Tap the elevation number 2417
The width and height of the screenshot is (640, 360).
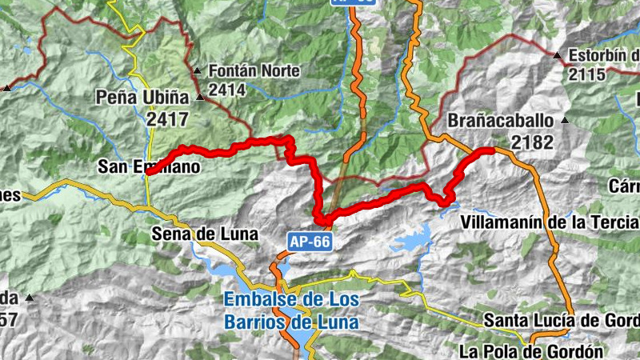point(166,120)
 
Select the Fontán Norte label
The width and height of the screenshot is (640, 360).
point(254,71)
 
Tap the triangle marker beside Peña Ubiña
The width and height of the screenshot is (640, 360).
point(200,98)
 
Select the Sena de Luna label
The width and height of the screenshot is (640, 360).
point(204,234)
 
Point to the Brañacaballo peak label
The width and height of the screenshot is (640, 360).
point(501,121)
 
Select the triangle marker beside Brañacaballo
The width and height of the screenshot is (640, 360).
point(564,121)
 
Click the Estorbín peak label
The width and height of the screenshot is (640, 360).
point(603,57)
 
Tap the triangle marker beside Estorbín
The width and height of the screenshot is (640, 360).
point(557,56)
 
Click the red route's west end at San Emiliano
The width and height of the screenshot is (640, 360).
point(149,173)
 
